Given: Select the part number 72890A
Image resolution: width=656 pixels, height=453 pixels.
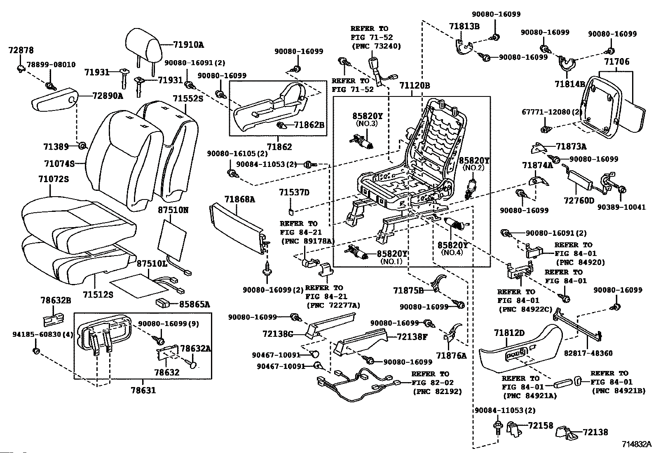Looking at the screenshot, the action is click(108, 96).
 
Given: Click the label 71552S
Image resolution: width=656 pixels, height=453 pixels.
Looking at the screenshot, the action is click(188, 99).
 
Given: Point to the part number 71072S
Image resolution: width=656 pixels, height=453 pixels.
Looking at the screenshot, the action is click(54, 179).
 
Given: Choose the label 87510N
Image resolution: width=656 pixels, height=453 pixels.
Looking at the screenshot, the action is click(173, 210).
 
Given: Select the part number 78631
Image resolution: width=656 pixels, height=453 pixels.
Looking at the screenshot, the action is click(143, 390).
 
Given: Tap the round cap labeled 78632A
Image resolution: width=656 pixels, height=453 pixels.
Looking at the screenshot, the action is click(193, 365).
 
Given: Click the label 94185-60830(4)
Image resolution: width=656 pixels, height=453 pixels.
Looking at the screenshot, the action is click(42, 334).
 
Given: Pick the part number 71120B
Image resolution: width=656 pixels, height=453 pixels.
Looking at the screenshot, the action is click(415, 85).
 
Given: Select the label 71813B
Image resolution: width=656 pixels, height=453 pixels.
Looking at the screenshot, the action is click(464, 26).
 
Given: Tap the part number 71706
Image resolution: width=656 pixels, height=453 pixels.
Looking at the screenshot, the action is click(616, 61).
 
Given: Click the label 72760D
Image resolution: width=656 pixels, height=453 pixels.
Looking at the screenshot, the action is click(579, 200).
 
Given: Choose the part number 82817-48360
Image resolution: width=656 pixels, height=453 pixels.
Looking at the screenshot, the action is click(588, 353).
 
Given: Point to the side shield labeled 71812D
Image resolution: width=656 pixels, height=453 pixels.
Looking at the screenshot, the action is click(521, 349).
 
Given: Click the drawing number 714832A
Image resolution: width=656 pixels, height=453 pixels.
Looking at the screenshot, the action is click(636, 444).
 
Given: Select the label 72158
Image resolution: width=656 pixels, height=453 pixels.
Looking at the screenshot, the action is click(540, 425).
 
